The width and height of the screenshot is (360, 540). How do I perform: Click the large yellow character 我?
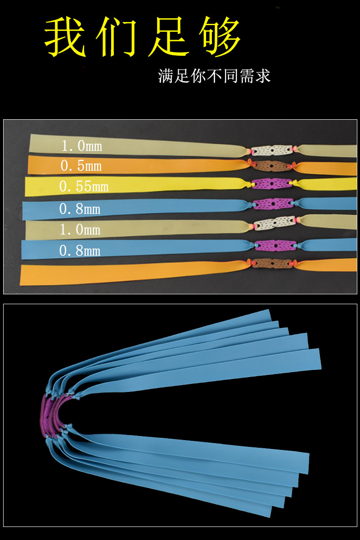[x=67, y=38]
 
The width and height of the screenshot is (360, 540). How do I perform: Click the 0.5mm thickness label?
[x=81, y=166]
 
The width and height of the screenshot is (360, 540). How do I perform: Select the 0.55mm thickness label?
[x=84, y=186]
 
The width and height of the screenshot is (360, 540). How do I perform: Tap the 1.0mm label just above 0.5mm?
[x=81, y=146]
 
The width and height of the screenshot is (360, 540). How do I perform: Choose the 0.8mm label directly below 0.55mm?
[x=80, y=208]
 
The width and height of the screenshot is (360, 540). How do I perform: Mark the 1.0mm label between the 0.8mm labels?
[x=80, y=229]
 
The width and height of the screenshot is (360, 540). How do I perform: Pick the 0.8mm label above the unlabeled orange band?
[x=80, y=250]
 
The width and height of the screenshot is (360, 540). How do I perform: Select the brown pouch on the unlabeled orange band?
[x=270, y=263]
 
